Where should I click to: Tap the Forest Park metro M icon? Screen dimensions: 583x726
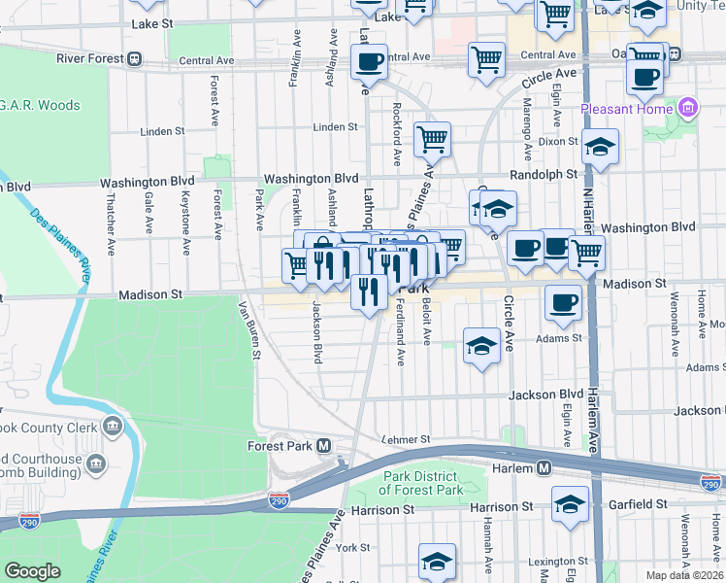tap(323, 445)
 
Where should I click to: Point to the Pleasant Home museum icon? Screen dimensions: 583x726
tap(688, 108)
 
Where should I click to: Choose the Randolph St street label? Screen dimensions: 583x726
tap(544, 175)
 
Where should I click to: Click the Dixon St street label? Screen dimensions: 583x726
tap(558, 141)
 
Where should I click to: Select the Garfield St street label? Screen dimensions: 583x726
tap(635, 504)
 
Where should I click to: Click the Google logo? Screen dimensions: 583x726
tap(32, 570)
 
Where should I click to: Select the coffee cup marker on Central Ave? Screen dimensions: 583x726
tap(368, 62)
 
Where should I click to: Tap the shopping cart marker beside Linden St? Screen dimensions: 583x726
tap(432, 139)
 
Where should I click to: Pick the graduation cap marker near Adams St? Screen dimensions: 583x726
tap(481, 345)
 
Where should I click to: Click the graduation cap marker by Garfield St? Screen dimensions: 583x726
tap(570, 502)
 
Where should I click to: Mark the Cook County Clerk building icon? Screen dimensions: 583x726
tap(114, 427)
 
